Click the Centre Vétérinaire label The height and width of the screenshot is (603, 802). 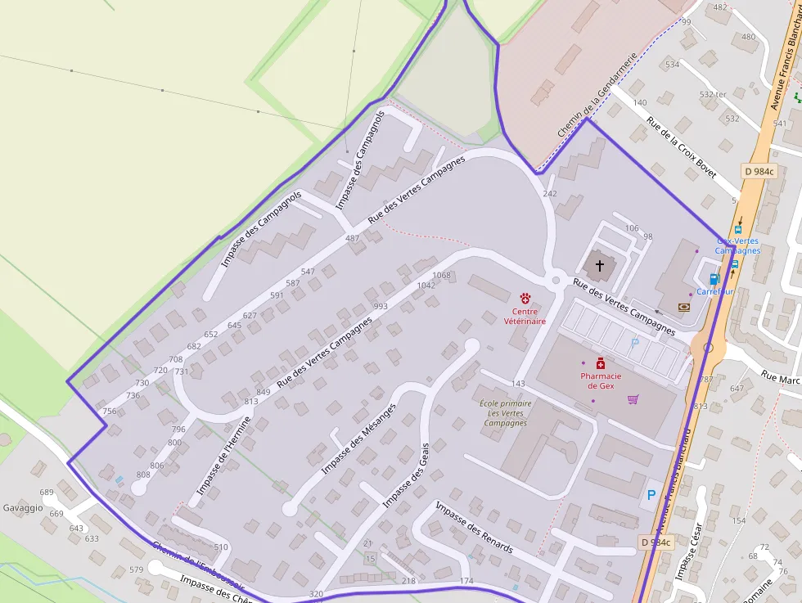(525, 317)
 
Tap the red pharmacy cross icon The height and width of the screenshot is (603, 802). (600, 363)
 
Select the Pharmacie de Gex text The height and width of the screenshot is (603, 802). (601, 380)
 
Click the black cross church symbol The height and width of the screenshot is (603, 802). (600, 265)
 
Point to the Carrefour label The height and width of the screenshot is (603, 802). (714, 291)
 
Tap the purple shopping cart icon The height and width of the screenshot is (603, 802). (633, 399)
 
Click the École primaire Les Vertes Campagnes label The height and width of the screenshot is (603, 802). (505, 413)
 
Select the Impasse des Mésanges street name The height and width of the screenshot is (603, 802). (358, 439)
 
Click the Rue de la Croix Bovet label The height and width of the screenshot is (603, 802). (681, 146)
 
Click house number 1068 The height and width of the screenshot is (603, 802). (441, 275)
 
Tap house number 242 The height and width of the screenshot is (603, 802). (550, 194)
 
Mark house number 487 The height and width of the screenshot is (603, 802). (353, 238)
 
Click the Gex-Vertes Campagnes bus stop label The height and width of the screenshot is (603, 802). (738, 245)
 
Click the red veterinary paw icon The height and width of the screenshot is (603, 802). (525, 299)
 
